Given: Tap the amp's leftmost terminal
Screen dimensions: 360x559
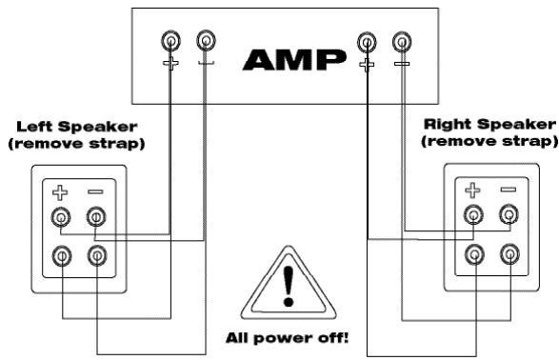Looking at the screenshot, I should pyautogui.click(x=170, y=41).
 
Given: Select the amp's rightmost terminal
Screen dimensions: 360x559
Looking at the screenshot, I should pyautogui.click(x=403, y=41).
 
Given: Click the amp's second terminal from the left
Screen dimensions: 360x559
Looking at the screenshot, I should pyautogui.click(x=206, y=41).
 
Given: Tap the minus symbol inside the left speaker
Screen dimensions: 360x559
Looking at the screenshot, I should pyautogui.click(x=95, y=190).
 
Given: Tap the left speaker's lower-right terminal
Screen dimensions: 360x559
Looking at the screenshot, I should pyautogui.click(x=95, y=255).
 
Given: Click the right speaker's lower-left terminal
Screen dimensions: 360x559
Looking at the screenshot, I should pyautogui.click(x=471, y=254).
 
